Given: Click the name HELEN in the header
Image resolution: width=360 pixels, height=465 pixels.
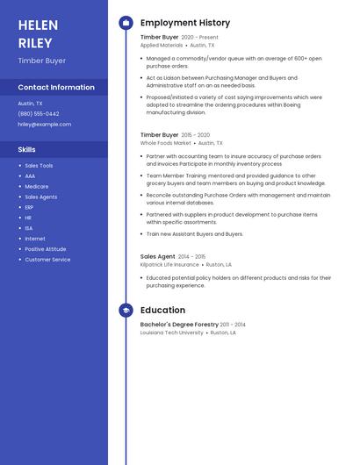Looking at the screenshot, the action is click(38, 25).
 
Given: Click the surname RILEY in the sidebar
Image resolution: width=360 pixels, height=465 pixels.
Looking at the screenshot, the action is click(35, 43).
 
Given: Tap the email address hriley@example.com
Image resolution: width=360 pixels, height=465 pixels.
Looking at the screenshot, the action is click(45, 125).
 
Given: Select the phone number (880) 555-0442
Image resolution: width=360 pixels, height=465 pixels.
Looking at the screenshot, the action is click(39, 114).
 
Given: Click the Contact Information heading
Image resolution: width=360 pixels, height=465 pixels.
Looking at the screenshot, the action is click(56, 88).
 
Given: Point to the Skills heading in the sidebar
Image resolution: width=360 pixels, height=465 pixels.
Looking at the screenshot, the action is click(27, 150).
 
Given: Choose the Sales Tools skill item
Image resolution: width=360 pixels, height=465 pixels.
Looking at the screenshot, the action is click(39, 166).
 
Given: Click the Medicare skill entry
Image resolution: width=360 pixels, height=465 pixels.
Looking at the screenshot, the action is click(37, 187).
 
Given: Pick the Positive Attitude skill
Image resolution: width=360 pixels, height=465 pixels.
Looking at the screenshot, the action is click(45, 249).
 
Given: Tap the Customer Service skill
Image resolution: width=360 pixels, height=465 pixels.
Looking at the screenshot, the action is click(47, 260).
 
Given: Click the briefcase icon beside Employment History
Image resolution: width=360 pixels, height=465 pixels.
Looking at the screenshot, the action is click(126, 23).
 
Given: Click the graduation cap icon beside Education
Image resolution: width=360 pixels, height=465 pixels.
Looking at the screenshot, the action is click(126, 311).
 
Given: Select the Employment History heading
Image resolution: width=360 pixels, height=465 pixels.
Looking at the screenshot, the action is click(185, 23).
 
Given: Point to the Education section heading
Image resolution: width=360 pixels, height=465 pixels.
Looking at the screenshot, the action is click(162, 311).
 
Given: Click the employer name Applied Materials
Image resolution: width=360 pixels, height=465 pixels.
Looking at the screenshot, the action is click(162, 45).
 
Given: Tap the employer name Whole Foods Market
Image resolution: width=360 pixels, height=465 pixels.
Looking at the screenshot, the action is click(165, 143).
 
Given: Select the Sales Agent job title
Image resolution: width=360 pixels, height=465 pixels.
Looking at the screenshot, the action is click(158, 256).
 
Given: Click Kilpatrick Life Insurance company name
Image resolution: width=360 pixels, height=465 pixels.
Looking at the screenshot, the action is click(169, 264).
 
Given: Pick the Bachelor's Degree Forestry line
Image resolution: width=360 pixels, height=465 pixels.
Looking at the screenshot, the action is click(179, 325).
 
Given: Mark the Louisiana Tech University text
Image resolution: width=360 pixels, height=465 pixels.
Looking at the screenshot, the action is click(172, 333).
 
